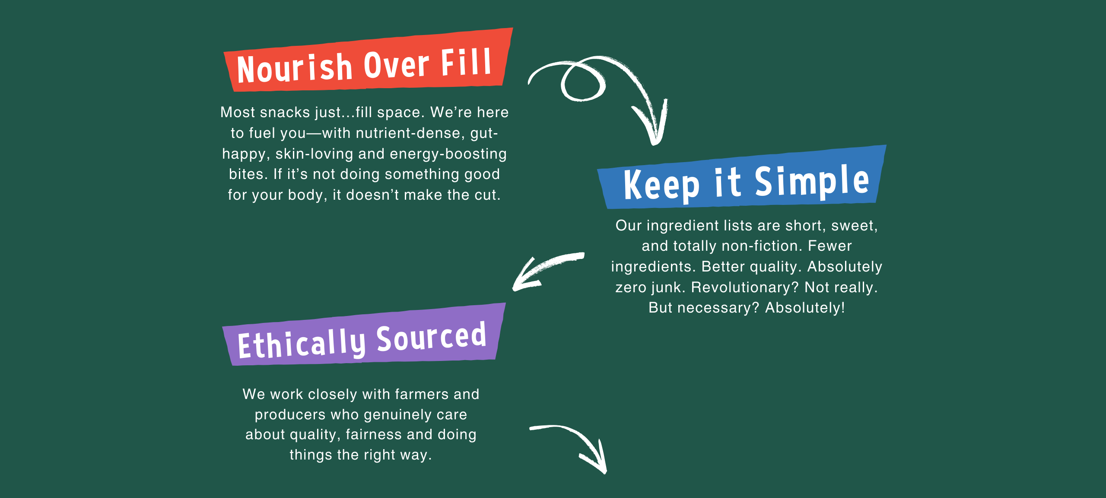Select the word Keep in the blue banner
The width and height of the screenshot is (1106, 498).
pyautogui.click(x=661, y=185)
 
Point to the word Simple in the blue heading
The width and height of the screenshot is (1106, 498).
pyautogui.click(x=812, y=182)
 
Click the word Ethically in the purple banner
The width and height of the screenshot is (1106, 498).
pyautogui.click(x=302, y=344)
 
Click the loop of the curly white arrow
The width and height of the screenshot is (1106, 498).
pyautogui.click(x=583, y=82)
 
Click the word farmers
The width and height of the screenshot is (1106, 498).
pyautogui.click(x=422, y=394)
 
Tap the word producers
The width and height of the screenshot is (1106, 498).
pyautogui.click(x=290, y=415)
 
